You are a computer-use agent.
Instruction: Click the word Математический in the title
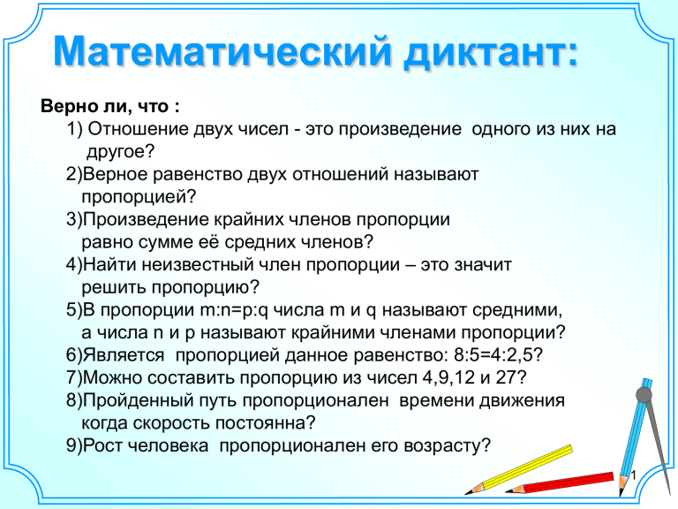tap(222, 51)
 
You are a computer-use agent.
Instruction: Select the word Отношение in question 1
tap(138, 129)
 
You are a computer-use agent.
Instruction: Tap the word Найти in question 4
tap(109, 264)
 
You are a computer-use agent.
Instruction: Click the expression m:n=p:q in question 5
tap(234, 310)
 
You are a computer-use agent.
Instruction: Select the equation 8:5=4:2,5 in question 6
tap(493, 355)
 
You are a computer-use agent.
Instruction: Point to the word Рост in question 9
tap(102, 445)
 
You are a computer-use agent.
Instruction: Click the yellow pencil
tap(519, 469)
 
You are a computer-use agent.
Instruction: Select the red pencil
tap(560, 483)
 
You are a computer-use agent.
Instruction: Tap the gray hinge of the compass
tap(644, 394)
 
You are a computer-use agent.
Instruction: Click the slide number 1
tap(634, 475)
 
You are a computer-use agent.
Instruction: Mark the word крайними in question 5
tap(333, 333)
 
